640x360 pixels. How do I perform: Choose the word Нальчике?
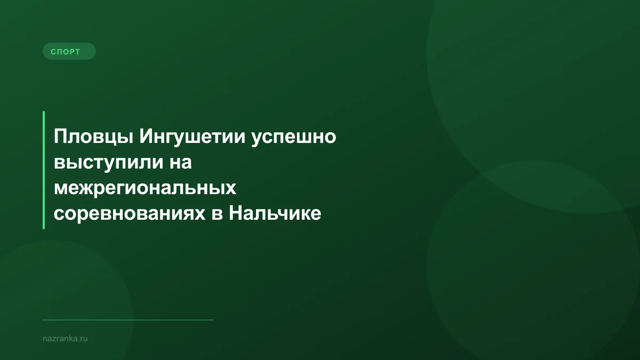[x=275, y=213]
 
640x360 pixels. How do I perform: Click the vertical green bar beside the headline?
[x=44, y=170]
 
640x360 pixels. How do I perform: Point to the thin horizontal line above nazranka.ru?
[x=128, y=320]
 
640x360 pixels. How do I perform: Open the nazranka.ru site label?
[x=65, y=338]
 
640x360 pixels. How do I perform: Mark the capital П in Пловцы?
[x=60, y=137]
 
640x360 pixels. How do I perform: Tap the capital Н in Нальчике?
[x=235, y=213]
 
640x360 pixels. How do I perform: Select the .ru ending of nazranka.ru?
[x=83, y=338]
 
